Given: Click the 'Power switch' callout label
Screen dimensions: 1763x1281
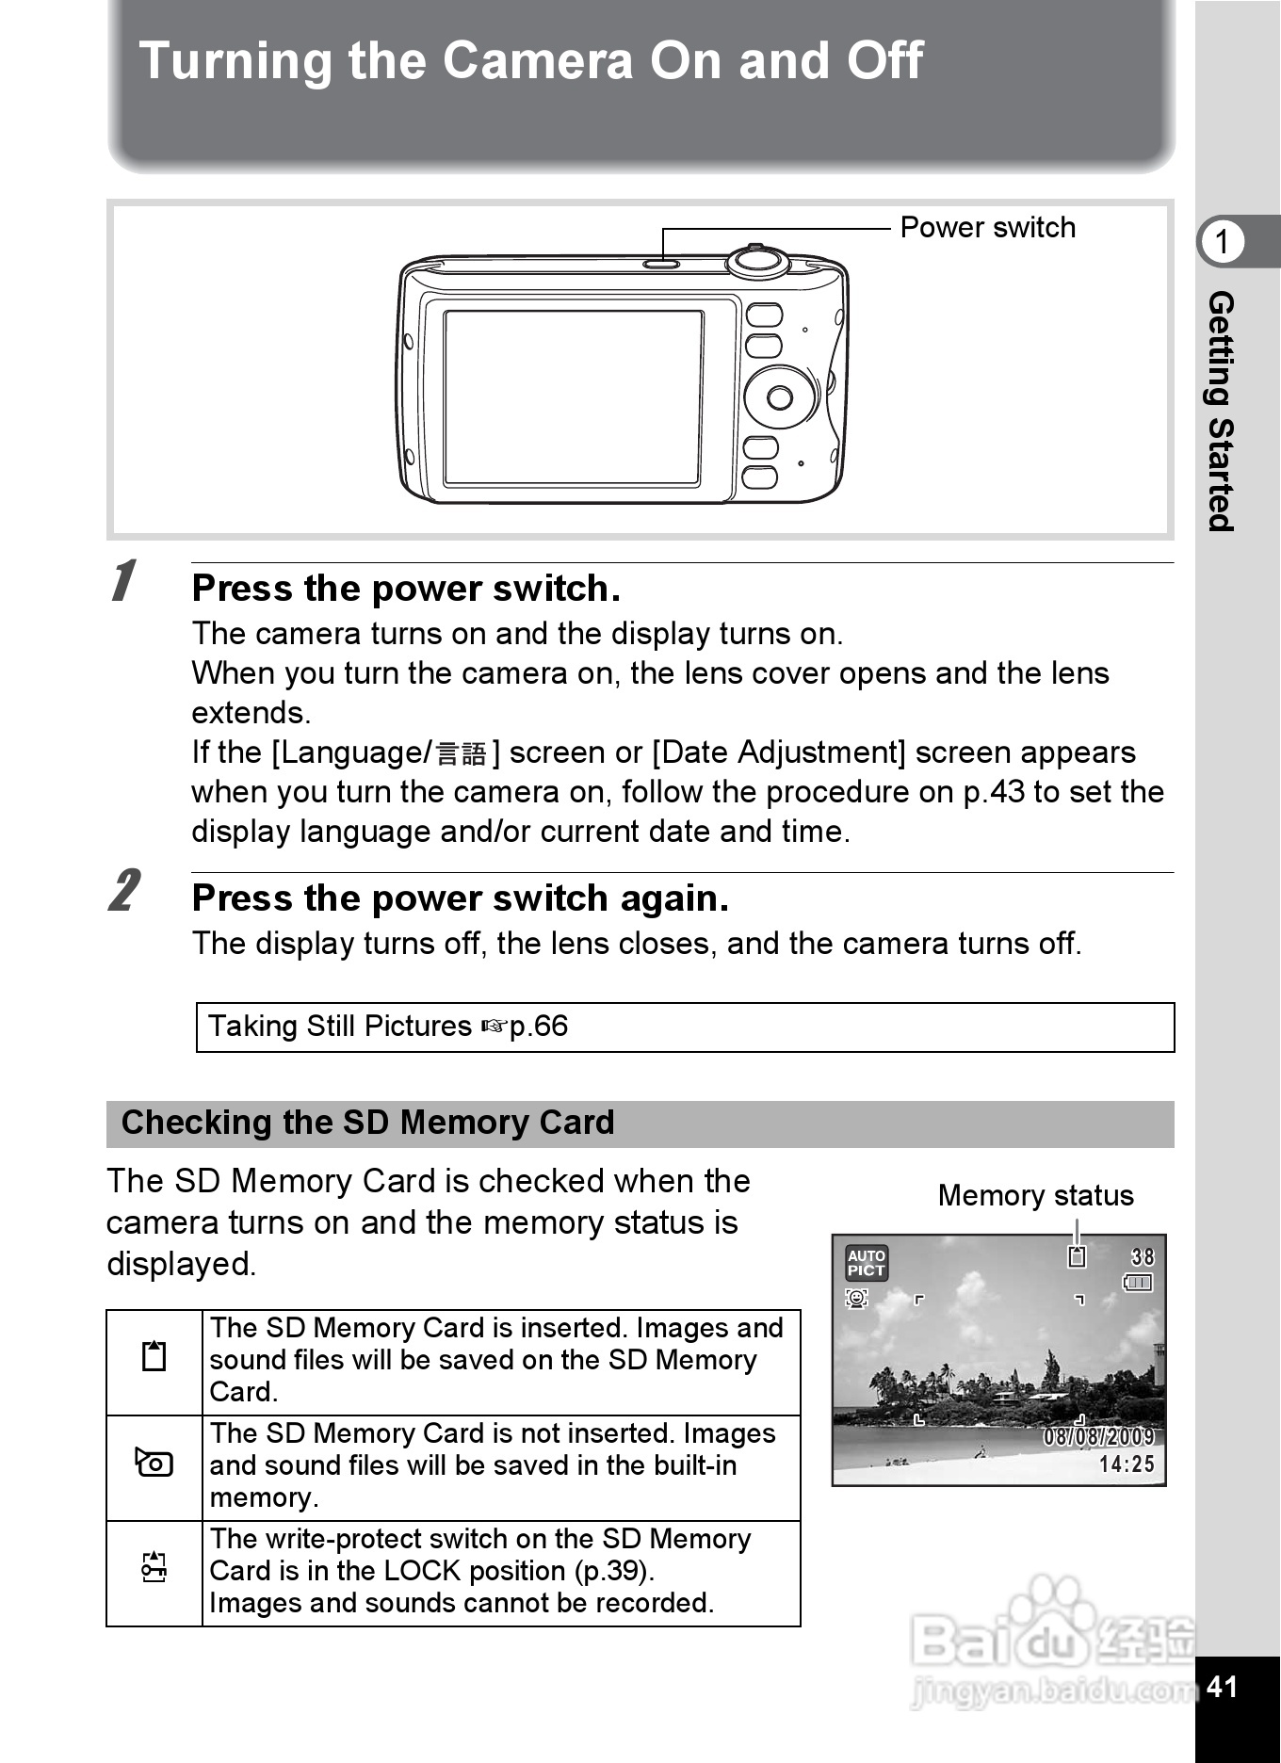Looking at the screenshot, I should (x=987, y=228).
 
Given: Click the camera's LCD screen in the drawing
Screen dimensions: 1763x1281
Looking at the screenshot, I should (x=573, y=397).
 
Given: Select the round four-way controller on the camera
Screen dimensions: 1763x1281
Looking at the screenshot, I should (x=780, y=397).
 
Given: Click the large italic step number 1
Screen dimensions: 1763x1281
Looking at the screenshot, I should (x=123, y=580).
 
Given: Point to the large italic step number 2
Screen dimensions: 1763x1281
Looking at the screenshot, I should (x=123, y=890).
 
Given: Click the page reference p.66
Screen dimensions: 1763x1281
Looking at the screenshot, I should (x=538, y=1026).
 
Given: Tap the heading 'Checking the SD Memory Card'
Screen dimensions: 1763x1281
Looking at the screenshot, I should (x=367, y=1123).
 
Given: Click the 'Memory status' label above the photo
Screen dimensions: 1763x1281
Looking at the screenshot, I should (x=1035, y=1195).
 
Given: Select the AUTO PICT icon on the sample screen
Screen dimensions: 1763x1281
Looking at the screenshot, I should (x=866, y=1263).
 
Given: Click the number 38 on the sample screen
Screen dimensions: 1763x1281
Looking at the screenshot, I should (x=1142, y=1257).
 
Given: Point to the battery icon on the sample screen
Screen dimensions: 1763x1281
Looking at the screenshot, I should (x=1138, y=1283).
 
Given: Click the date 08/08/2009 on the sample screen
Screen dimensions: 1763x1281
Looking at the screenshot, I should (x=1097, y=1437).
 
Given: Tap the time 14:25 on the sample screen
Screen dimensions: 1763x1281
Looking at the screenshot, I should (x=1126, y=1464).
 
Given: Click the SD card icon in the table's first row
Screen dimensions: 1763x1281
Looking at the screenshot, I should (x=154, y=1356).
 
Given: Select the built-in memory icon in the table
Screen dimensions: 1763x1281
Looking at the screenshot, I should (x=154, y=1464).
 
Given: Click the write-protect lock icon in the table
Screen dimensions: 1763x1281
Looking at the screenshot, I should (x=154, y=1567).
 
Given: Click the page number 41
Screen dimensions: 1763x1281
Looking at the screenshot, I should (x=1222, y=1686).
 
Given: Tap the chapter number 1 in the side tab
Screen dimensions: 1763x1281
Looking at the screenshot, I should (x=1222, y=242).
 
